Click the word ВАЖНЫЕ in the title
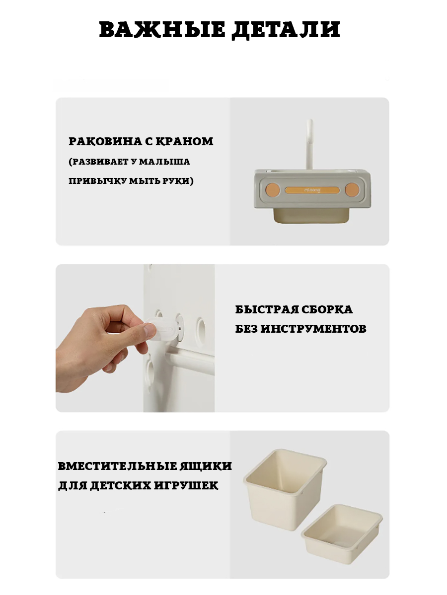click(x=162, y=29)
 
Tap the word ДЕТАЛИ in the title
click(x=286, y=30)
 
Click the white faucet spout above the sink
click(x=309, y=144)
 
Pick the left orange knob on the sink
click(x=273, y=189)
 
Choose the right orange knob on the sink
click(x=352, y=189)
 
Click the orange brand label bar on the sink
click(x=312, y=190)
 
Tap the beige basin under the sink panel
click(x=311, y=216)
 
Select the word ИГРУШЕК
click(x=186, y=486)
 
